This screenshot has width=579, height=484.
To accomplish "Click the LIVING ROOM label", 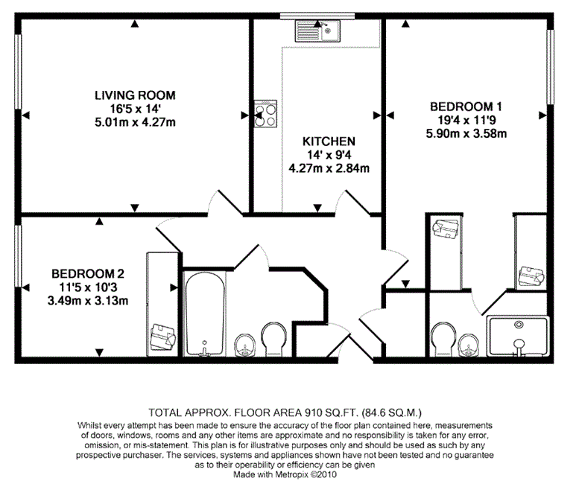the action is tap(135, 95).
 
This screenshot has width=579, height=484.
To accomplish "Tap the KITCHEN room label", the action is tap(329, 141).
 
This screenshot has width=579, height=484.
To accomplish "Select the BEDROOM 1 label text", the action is tap(466, 106).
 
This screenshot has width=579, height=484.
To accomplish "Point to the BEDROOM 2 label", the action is tap(88, 274).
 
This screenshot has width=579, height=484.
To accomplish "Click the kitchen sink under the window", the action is tap(317, 31).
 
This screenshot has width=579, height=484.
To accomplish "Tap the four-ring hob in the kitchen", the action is tap(265, 114).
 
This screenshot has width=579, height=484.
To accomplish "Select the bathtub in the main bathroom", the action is tap(205, 314).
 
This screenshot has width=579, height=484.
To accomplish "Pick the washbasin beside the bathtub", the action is tap(245, 346).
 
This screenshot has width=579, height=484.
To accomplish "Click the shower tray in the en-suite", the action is tap(519, 336).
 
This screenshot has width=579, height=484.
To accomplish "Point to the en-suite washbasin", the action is tap(469, 346).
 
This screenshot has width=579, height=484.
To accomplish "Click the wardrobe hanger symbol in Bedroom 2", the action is tap(163, 337).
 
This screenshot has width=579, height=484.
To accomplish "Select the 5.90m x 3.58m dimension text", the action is tap(466, 133).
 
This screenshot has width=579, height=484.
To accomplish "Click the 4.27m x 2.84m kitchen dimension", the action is tap(329, 168).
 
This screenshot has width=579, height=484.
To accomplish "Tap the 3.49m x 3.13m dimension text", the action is tap(88, 301).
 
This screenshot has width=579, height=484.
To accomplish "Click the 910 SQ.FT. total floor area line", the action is tap(285, 412).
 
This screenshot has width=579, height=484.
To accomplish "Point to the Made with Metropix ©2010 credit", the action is tap(285, 474).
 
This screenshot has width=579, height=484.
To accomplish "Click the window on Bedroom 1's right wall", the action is tap(550, 67).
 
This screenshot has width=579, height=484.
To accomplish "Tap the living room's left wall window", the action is tap(18, 72).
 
